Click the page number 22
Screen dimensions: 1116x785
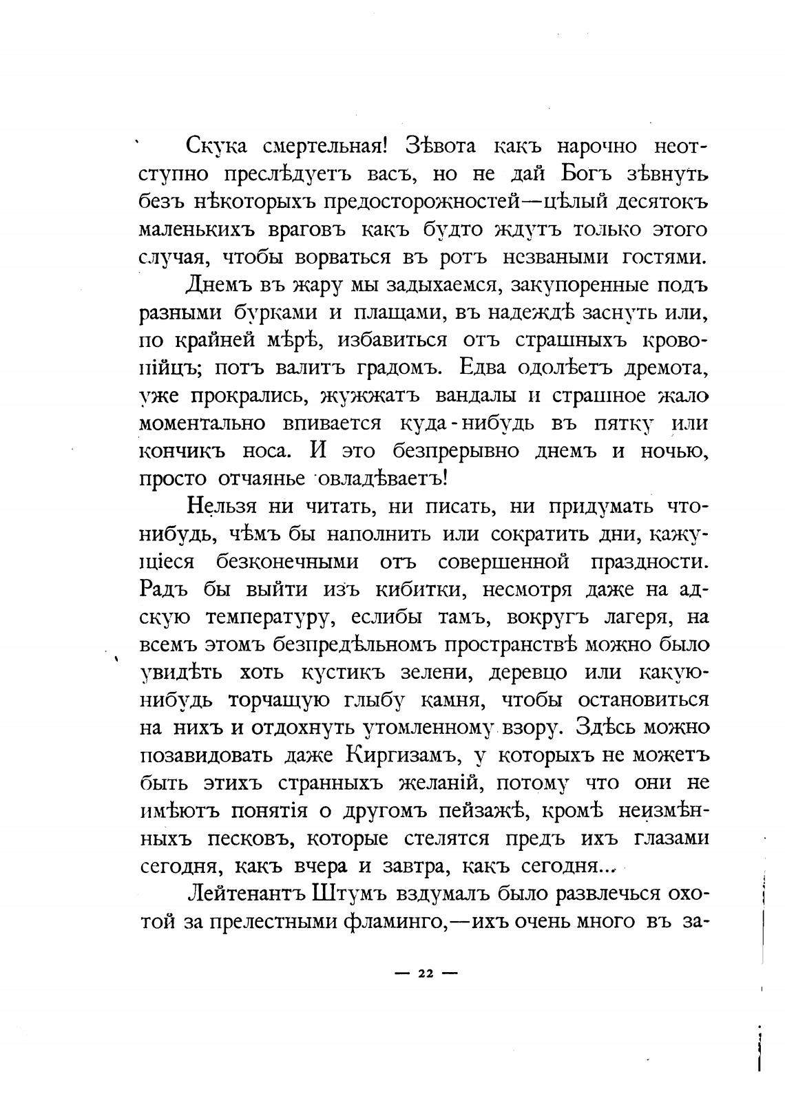[425, 973]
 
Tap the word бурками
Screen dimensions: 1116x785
[273, 313]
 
